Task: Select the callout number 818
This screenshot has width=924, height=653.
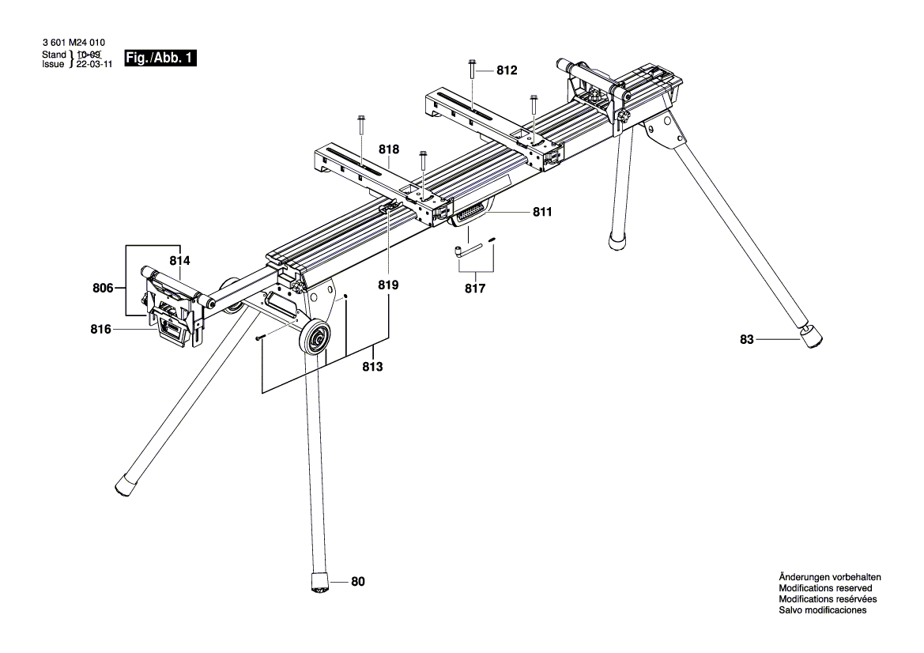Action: pyautogui.click(x=388, y=149)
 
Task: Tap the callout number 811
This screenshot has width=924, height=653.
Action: pyautogui.click(x=542, y=212)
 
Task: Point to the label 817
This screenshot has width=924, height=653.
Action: pyautogui.click(x=474, y=289)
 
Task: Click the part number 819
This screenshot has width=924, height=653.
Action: pyautogui.click(x=388, y=285)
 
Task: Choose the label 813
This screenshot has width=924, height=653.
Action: pyautogui.click(x=373, y=367)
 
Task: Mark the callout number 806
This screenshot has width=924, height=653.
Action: pyautogui.click(x=103, y=289)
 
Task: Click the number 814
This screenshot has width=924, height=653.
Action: pyautogui.click(x=180, y=259)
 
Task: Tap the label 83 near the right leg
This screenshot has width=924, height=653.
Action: pyautogui.click(x=747, y=339)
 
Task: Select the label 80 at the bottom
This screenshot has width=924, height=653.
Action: pyautogui.click(x=358, y=583)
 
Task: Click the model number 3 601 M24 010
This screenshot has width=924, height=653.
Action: pyautogui.click(x=73, y=44)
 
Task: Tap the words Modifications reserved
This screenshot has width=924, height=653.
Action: pyautogui.click(x=825, y=588)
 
